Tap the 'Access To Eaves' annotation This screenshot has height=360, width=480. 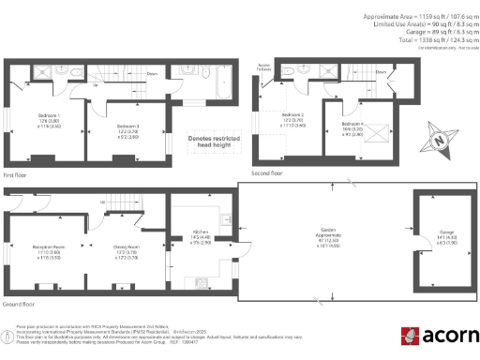265,68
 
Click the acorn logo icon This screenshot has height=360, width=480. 410,336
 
